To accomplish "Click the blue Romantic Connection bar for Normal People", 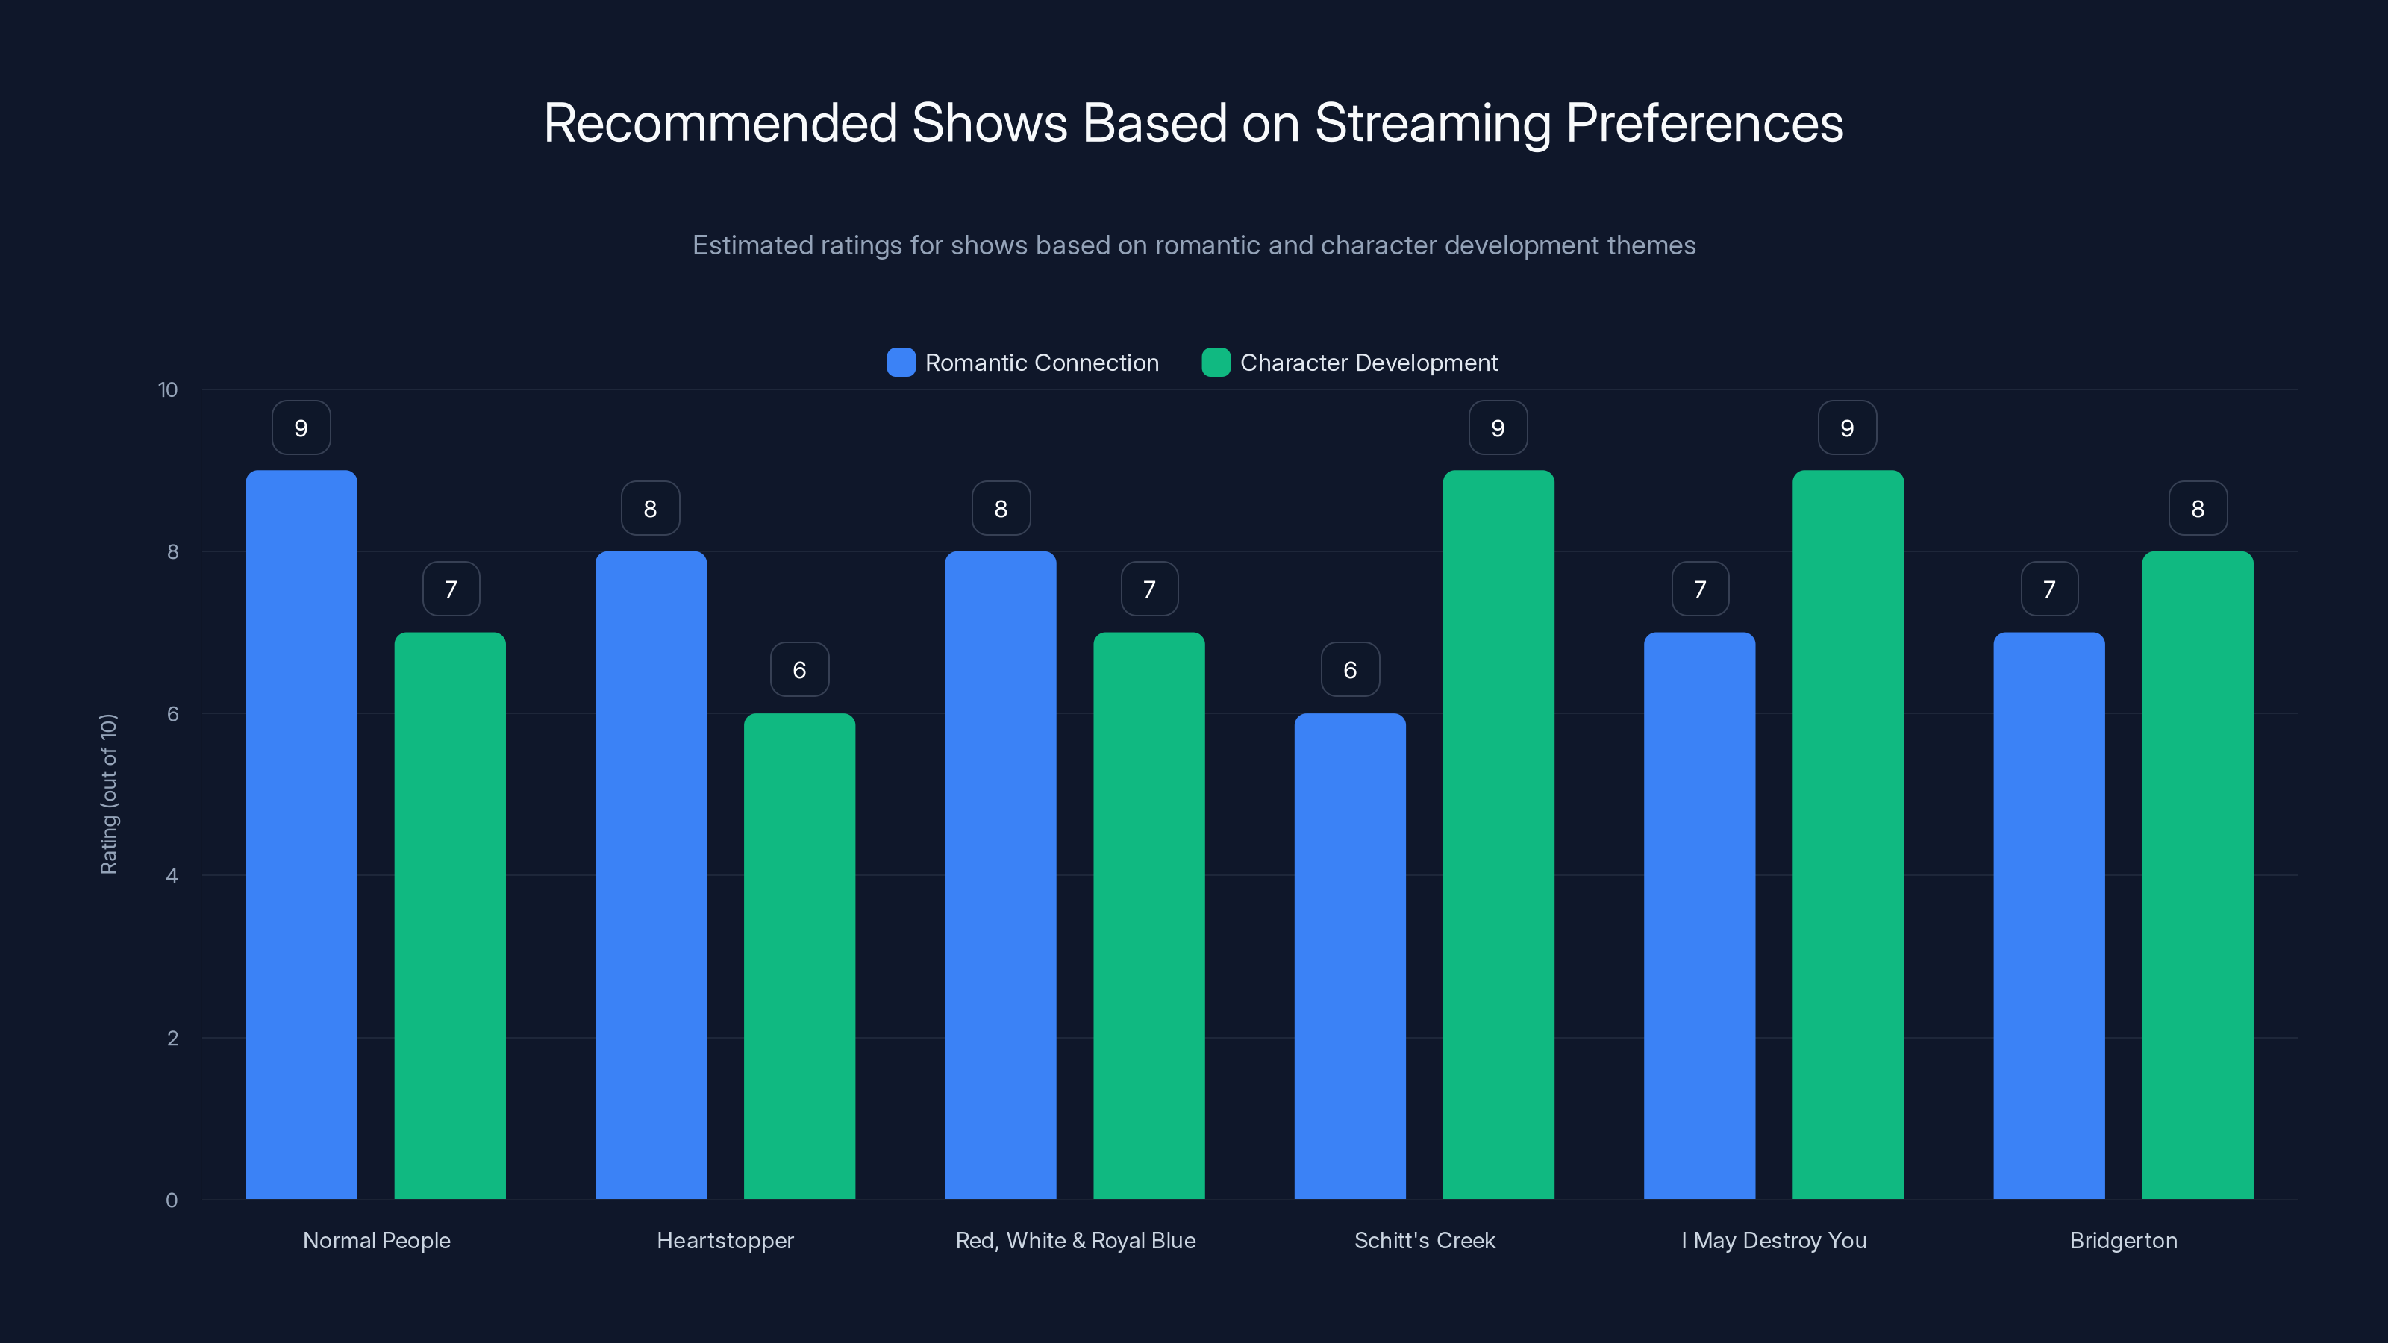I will (x=301, y=834).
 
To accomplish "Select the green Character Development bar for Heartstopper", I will (x=799, y=955).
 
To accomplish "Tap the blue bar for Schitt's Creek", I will (x=1350, y=955).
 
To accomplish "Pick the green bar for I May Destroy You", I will (x=1848, y=834).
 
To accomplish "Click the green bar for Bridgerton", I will (x=2197, y=876).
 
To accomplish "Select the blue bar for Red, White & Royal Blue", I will (x=1000, y=876).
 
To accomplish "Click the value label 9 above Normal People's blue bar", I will (x=301, y=428).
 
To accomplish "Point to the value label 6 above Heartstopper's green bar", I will (x=799, y=670).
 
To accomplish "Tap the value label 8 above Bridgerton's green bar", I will (x=2197, y=509).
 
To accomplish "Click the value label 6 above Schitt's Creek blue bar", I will (x=1350, y=670).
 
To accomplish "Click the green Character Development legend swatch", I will (x=1216, y=363).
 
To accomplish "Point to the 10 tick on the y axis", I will (x=168, y=390).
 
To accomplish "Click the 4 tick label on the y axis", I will (x=172, y=876).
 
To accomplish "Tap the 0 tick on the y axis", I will (x=172, y=1200).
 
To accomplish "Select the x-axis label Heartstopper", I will (x=725, y=1240).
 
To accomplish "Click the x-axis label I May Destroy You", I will (x=1773, y=1240).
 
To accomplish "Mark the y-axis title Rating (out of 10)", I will (x=108, y=795).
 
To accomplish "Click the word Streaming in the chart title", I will (x=1432, y=123).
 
